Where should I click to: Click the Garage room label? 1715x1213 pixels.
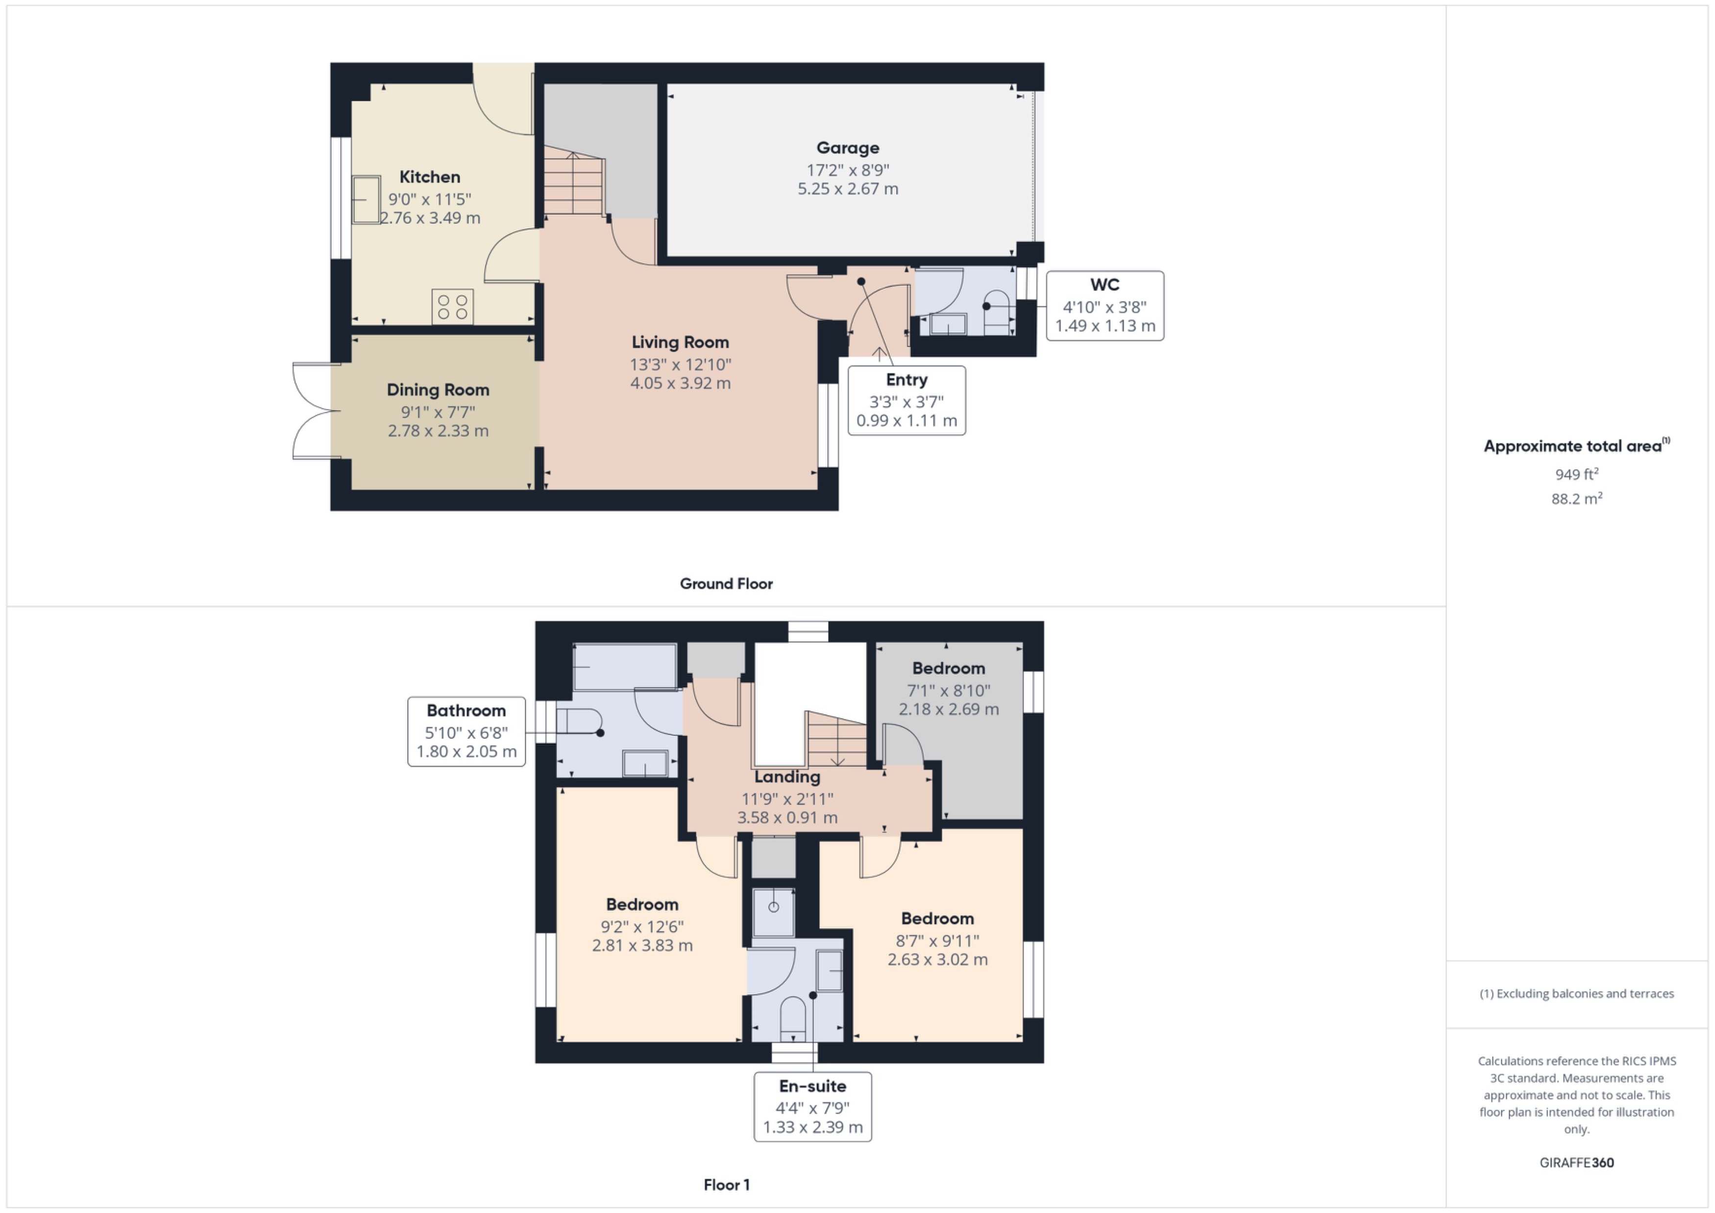pyautogui.click(x=847, y=148)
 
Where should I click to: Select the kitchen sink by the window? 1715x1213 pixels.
pyautogui.click(x=366, y=199)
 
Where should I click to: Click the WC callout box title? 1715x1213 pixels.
pyautogui.click(x=1104, y=285)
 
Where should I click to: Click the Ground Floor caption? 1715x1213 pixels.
pyautogui.click(x=726, y=583)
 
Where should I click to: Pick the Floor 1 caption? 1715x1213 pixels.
pyautogui.click(x=726, y=1185)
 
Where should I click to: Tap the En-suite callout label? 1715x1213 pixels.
pyautogui.click(x=812, y=1086)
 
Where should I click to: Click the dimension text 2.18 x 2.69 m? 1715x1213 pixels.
pyautogui.click(x=948, y=709)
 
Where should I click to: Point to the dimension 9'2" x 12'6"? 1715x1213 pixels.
pyautogui.click(x=642, y=926)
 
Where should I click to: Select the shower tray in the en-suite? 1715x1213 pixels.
pyautogui.click(x=773, y=911)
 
